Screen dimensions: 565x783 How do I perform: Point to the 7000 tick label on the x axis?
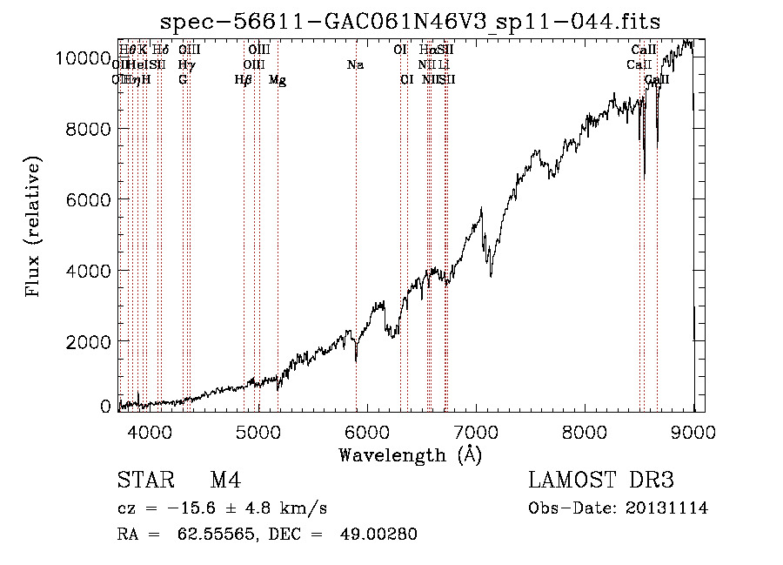point(476,432)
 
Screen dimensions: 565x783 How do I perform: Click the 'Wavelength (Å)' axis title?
point(410,454)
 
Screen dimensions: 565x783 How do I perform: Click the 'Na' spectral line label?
point(355,65)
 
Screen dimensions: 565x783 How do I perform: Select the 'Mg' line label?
point(278,80)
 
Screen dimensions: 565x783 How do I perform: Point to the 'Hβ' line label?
point(244,80)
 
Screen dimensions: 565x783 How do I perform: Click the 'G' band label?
point(183,80)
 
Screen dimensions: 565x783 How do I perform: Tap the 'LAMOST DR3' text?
point(601,481)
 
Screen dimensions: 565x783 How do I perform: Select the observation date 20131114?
point(666,508)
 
